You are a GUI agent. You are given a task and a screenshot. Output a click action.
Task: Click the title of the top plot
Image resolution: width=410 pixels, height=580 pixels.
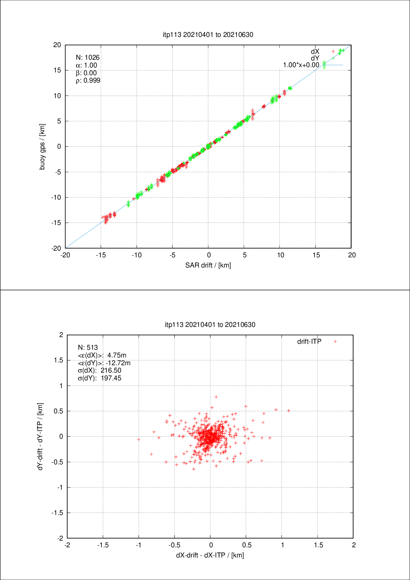pyautogui.click(x=208, y=34)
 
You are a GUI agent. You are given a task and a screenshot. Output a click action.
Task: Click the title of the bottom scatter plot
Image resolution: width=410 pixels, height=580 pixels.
pyautogui.click(x=210, y=324)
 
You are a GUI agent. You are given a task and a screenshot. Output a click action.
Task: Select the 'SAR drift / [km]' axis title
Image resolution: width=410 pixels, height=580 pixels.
pyautogui.click(x=208, y=265)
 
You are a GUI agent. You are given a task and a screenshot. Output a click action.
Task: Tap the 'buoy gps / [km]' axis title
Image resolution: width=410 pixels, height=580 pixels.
pyautogui.click(x=42, y=147)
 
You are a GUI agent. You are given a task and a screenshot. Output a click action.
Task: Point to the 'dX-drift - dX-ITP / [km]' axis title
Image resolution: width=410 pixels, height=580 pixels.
pyautogui.click(x=210, y=555)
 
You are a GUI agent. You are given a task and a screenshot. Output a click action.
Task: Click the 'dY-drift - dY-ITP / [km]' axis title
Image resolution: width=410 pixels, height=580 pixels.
pyautogui.click(x=40, y=436)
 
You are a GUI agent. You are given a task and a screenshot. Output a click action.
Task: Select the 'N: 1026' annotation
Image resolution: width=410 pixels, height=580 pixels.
pyautogui.click(x=88, y=57)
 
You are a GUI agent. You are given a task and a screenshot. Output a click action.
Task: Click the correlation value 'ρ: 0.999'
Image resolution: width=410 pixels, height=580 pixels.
pyautogui.click(x=88, y=80)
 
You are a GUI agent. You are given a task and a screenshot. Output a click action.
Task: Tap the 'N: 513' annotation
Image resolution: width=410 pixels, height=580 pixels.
pyautogui.click(x=88, y=347)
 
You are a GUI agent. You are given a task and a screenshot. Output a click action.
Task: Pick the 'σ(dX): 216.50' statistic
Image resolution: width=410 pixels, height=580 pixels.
pyautogui.click(x=99, y=370)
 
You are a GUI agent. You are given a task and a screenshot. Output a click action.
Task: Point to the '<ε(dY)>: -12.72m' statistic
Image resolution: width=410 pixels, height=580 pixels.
pyautogui.click(x=104, y=363)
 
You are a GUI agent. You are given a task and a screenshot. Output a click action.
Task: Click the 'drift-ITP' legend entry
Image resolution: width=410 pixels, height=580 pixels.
pyautogui.click(x=309, y=341)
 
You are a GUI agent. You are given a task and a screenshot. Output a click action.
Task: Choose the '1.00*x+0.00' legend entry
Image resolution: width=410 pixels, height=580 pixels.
pyautogui.click(x=301, y=65)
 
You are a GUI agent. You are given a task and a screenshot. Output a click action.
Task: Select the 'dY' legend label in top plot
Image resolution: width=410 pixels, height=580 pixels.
pyautogui.click(x=315, y=58)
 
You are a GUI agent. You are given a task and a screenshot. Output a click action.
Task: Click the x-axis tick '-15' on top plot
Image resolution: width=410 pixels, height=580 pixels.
pyautogui.click(x=101, y=255)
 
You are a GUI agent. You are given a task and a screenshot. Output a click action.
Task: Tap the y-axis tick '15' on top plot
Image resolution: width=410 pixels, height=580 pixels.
pyautogui.click(x=57, y=70)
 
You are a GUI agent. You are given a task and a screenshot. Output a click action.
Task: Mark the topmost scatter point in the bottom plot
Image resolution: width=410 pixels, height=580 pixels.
pyautogui.click(x=216, y=397)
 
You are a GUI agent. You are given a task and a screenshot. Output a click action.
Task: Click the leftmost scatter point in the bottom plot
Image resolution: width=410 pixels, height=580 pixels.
pyautogui.click(x=139, y=439)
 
